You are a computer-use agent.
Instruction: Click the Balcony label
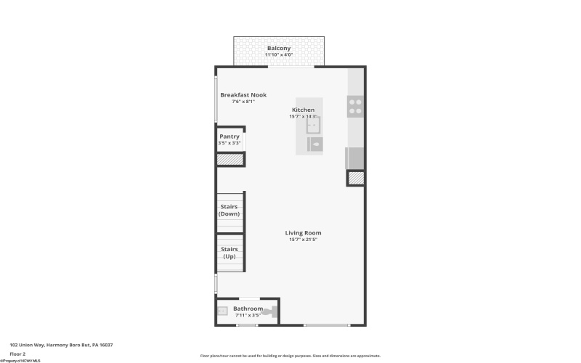(278, 48)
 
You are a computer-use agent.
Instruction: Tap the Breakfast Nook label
(243, 95)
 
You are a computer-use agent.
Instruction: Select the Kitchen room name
(303, 110)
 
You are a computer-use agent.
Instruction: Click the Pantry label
(229, 136)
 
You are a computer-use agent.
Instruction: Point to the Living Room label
(303, 232)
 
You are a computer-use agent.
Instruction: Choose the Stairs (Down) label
(229, 210)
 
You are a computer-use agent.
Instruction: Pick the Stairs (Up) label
(229, 253)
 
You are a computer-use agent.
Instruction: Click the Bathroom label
(248, 309)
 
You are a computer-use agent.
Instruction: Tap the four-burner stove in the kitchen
(355, 106)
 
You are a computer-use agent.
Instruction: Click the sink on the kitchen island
(313, 126)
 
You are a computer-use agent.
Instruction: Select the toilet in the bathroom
(272, 313)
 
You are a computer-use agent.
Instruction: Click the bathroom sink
(223, 312)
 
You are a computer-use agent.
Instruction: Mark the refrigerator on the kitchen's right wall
(354, 158)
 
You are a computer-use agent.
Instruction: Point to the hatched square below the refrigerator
(355, 178)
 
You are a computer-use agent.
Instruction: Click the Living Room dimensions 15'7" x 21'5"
(303, 240)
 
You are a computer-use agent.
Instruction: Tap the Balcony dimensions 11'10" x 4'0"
(278, 55)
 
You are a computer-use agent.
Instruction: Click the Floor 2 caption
(17, 354)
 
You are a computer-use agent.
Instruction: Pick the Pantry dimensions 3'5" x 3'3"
(229, 143)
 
